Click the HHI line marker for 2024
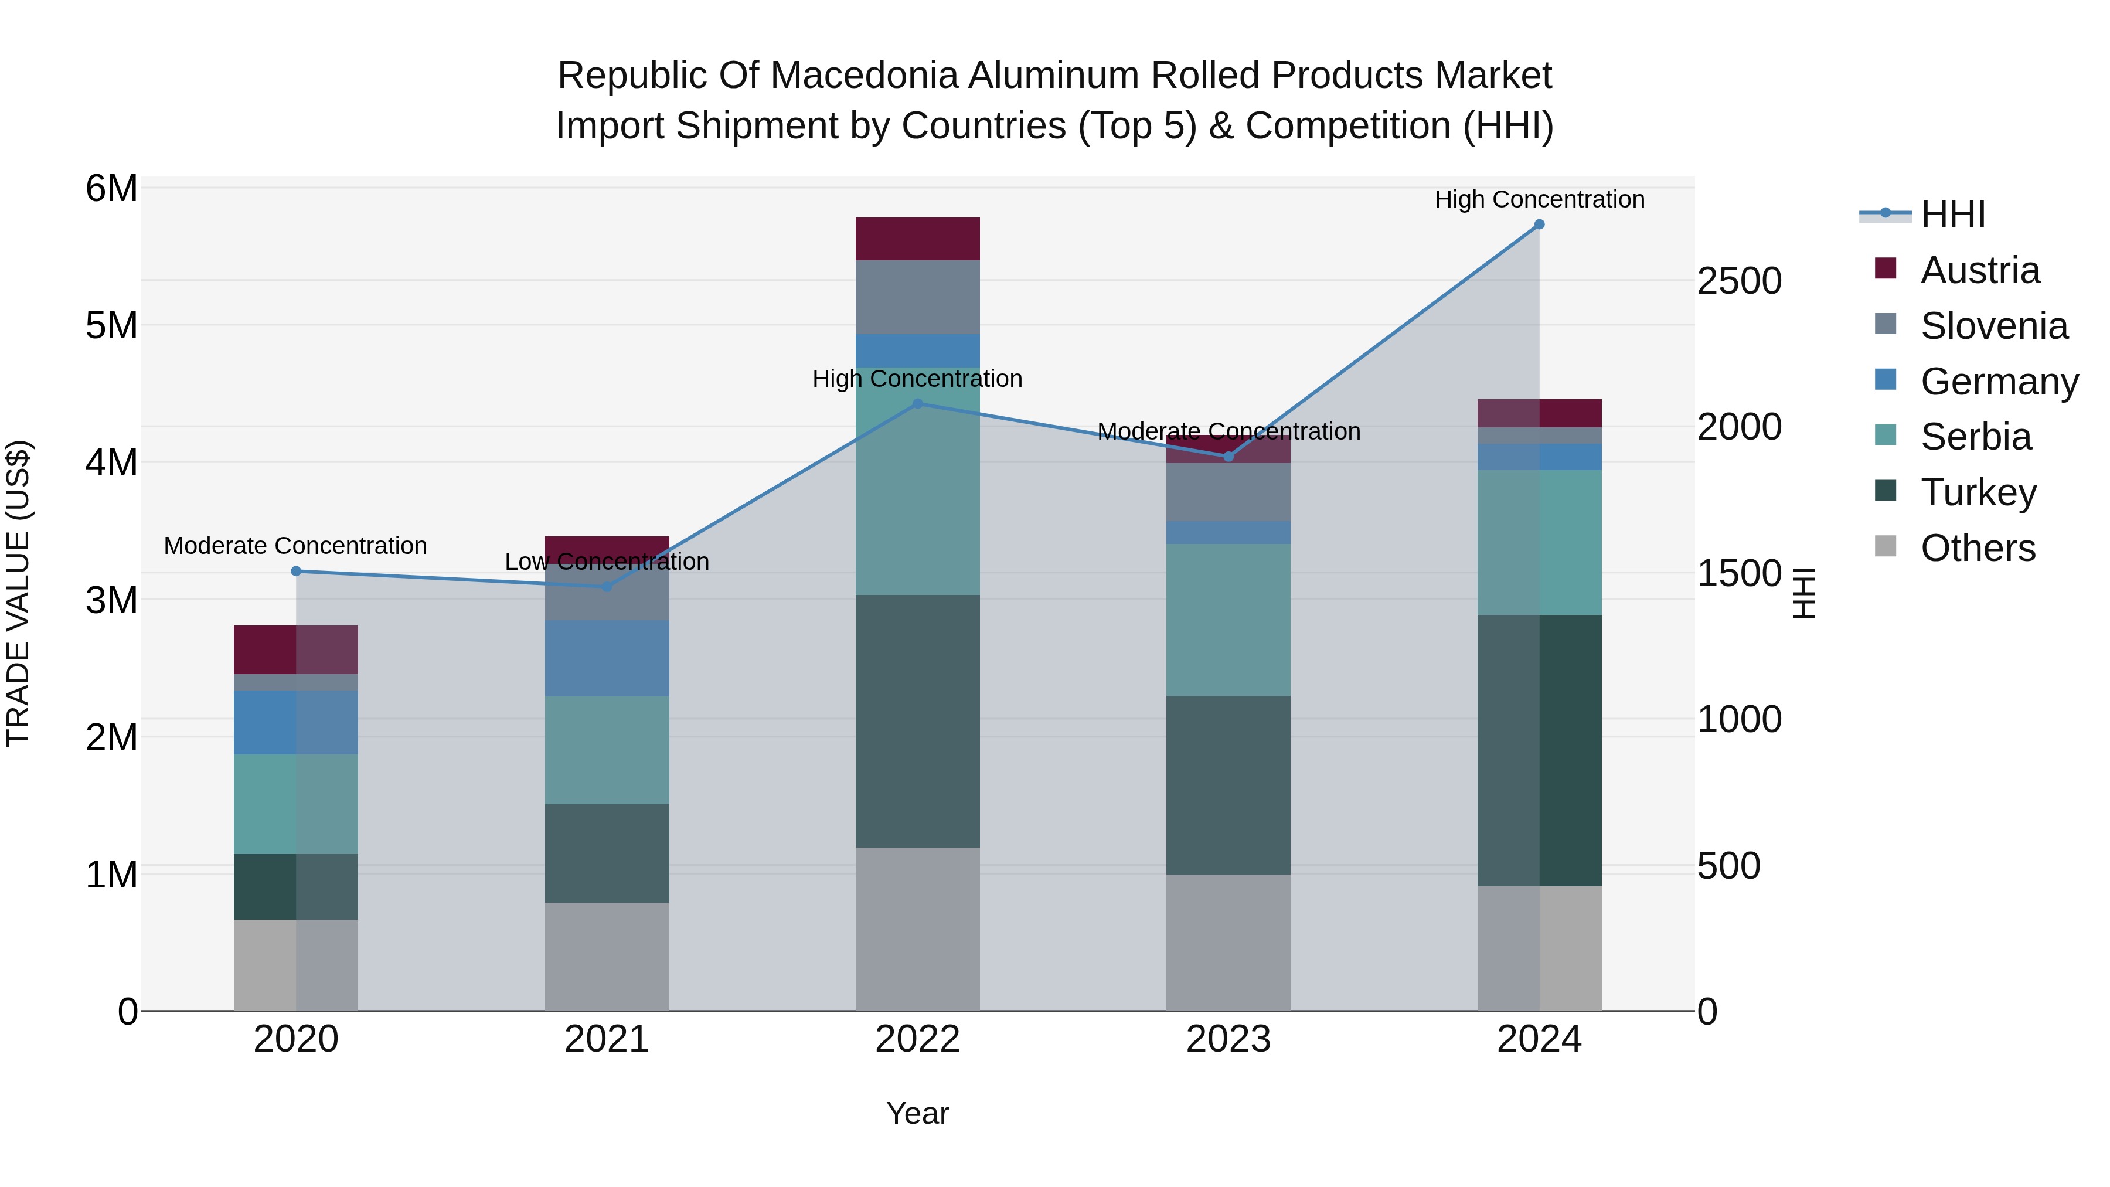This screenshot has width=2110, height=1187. tap(1539, 225)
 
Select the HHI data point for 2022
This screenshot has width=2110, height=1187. tap(917, 404)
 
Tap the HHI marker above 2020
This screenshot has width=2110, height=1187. tap(296, 571)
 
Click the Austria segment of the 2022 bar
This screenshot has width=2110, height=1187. tap(917, 239)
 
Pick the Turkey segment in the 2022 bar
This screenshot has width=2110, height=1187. tap(917, 721)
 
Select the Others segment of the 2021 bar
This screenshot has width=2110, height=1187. tap(607, 956)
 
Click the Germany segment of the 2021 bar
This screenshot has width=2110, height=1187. tap(607, 658)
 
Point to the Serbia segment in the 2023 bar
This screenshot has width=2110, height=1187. tap(1228, 620)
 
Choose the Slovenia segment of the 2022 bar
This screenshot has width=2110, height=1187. tap(917, 297)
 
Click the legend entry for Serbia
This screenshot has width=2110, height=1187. tap(1975, 437)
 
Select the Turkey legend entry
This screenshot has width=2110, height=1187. tap(1978, 492)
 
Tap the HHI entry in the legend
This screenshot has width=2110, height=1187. tap(1952, 215)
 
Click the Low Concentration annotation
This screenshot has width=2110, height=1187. tap(607, 562)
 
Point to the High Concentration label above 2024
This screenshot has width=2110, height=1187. tap(1539, 199)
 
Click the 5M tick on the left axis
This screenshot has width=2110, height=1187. tap(111, 326)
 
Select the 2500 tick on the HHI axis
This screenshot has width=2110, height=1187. tap(1739, 281)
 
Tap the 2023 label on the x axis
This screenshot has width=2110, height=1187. tap(1228, 1039)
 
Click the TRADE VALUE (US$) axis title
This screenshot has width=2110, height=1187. tap(18, 593)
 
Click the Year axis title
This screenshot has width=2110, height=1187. tap(917, 1113)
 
